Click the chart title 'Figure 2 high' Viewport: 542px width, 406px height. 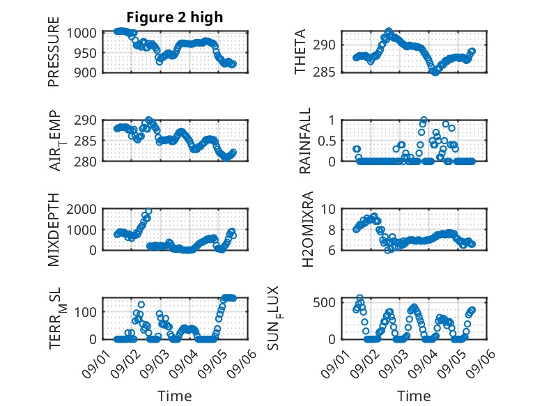point(175,17)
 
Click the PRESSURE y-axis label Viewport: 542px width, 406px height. point(54,52)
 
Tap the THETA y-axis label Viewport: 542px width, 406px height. point(300,52)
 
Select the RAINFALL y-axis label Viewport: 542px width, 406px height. point(305,141)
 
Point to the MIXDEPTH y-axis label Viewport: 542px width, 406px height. point(54,230)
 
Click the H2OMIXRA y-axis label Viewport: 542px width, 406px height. point(307,229)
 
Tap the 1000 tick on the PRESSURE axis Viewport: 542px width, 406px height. point(82,33)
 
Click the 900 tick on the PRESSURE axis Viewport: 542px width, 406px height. point(85,72)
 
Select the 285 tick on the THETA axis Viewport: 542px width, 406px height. point(324,72)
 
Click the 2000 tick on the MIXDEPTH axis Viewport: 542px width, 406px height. point(82,209)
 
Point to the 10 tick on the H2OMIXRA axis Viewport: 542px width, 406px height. point(328,209)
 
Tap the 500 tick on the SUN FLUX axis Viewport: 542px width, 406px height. point(324,302)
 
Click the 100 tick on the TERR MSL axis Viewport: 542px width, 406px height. point(85,312)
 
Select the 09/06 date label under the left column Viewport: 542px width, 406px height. point(242,363)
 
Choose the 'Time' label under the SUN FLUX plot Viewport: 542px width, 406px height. point(414,396)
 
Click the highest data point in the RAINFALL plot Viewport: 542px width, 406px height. point(424,120)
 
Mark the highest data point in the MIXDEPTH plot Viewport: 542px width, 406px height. point(148,211)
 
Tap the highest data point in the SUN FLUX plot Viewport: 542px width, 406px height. point(360,298)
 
